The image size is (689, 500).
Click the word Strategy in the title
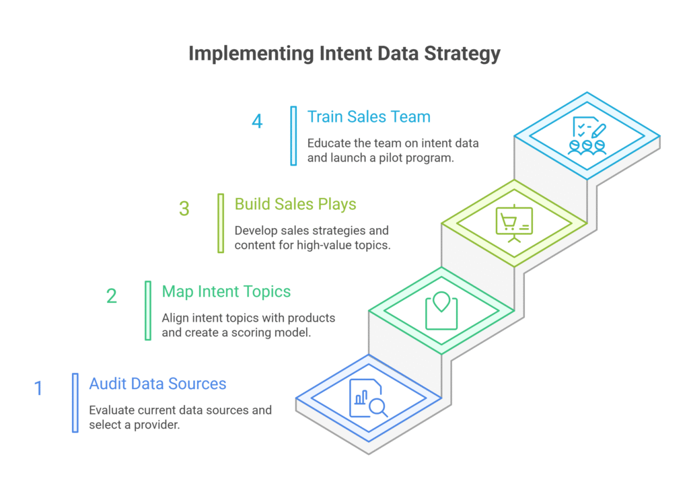click(x=462, y=54)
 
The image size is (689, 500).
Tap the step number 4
click(x=257, y=121)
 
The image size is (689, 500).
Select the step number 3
click(x=184, y=209)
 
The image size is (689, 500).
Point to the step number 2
click(x=112, y=296)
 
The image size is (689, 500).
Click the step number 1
click(x=38, y=388)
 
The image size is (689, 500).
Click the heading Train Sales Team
click(x=369, y=117)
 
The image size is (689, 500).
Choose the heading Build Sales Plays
click(x=295, y=205)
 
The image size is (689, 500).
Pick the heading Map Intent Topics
click(x=226, y=292)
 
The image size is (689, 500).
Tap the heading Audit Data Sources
click(x=157, y=384)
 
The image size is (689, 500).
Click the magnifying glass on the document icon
click(x=378, y=408)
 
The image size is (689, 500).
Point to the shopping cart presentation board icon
click(x=514, y=223)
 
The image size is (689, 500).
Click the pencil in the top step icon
click(x=598, y=131)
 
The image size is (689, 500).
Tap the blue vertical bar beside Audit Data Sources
click(x=75, y=403)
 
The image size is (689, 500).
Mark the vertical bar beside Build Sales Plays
click(x=221, y=223)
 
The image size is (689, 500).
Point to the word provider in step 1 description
click(x=157, y=425)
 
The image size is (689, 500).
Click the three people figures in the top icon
click(x=587, y=147)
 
